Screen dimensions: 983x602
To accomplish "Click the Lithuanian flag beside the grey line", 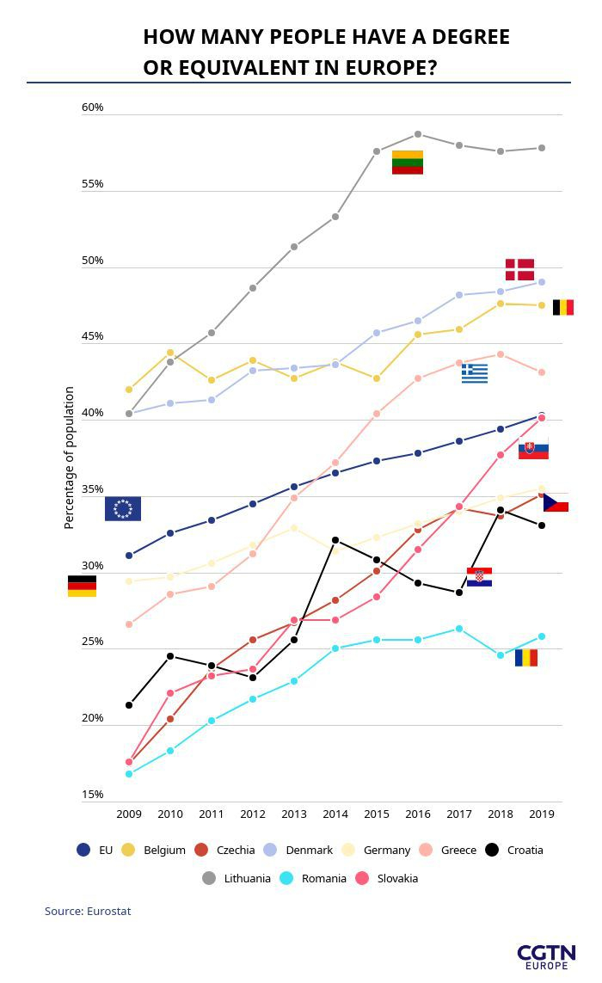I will point(408,163).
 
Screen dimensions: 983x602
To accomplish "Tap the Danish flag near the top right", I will point(519,270).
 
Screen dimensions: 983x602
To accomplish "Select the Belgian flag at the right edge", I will point(563,307).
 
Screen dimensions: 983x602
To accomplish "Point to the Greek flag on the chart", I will point(475,373).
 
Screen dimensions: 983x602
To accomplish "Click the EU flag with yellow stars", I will point(123,509).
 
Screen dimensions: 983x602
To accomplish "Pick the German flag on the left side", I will point(82,586).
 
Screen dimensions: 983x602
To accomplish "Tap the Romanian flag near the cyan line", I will point(526,658).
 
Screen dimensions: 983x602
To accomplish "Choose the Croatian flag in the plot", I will point(479,577).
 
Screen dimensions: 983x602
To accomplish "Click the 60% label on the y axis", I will point(93,108).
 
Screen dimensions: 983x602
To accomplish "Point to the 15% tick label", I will point(93,795).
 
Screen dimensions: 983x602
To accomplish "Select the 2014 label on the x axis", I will point(335,814).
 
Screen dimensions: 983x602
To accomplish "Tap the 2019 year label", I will point(542,814).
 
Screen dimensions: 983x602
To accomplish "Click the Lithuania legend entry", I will point(236,878).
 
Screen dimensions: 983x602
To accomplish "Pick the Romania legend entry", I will point(313,878).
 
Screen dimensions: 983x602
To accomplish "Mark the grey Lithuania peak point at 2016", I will point(418,134).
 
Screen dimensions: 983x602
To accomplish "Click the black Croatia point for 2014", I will point(335,540).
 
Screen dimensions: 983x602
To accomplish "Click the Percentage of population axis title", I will point(70,458).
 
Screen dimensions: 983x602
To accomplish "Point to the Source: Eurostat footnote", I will point(88,911).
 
